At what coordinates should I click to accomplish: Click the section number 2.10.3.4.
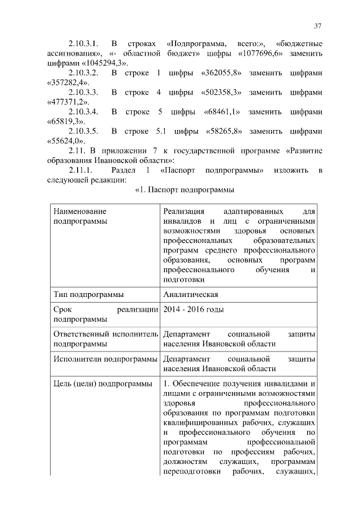(84, 112)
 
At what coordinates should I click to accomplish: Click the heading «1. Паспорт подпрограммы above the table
(184, 190)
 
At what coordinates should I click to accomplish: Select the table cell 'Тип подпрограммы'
(88, 294)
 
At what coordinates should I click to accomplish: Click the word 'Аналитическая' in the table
(191, 294)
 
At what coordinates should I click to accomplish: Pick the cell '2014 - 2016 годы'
(193, 310)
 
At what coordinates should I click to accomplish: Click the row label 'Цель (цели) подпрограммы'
(102, 384)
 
